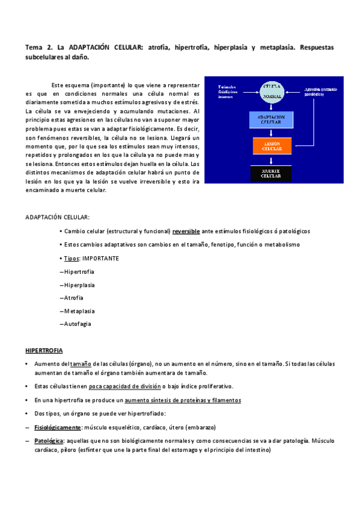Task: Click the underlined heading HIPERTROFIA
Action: pyautogui.click(x=43, y=350)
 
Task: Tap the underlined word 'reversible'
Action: pyautogui.click(x=186, y=232)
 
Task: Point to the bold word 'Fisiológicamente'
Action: pyautogui.click(x=58, y=427)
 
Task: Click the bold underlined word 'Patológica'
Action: pyautogui.click(x=49, y=440)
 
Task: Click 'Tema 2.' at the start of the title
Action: pyautogui.click(x=39, y=47)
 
